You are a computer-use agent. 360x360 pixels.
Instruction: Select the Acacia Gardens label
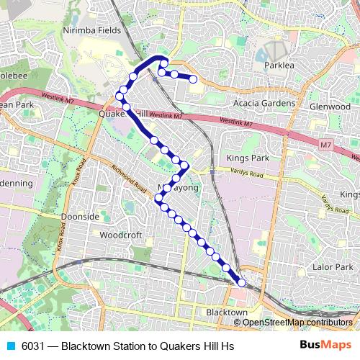(266, 104)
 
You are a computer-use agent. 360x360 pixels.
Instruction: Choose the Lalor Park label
(331, 266)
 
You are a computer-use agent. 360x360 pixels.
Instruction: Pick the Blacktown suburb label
(227, 312)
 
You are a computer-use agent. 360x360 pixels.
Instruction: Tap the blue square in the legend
(10, 346)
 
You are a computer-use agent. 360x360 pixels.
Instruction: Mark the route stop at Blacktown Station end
(241, 283)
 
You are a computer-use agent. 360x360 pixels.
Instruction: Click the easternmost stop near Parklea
(194, 79)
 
